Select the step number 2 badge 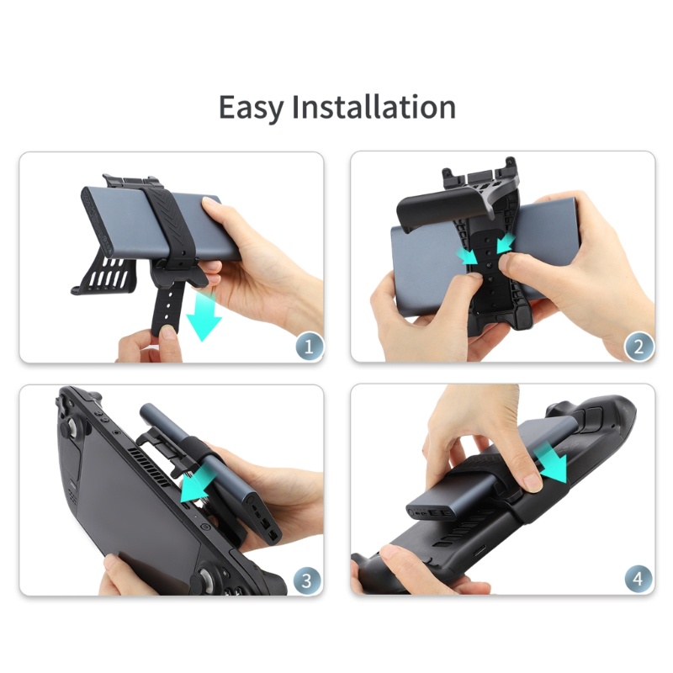pyautogui.click(x=639, y=345)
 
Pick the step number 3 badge pyautogui.click(x=306, y=579)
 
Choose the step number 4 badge pyautogui.click(x=639, y=579)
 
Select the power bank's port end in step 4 pyautogui.click(x=430, y=511)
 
